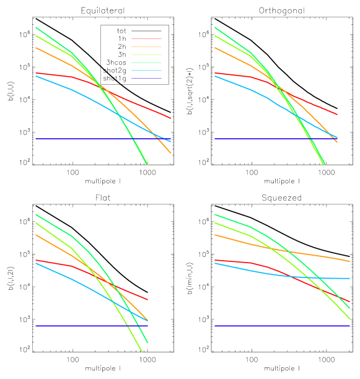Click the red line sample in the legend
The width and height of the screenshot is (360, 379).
click(x=146, y=38)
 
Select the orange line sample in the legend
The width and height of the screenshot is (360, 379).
click(x=146, y=46)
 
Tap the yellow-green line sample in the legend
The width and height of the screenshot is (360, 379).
click(x=146, y=54)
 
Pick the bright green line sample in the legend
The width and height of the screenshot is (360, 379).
click(x=146, y=63)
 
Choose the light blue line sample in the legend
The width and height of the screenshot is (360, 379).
click(x=146, y=71)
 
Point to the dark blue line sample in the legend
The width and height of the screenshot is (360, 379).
click(x=146, y=79)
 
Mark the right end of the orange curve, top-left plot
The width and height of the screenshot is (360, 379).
click(x=170, y=152)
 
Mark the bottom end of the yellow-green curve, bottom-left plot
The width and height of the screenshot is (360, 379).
click(x=141, y=351)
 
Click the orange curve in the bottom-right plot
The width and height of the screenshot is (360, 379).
click(x=310, y=254)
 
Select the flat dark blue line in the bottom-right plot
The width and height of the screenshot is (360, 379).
click(x=279, y=326)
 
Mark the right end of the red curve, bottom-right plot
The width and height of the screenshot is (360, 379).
click(x=349, y=302)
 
